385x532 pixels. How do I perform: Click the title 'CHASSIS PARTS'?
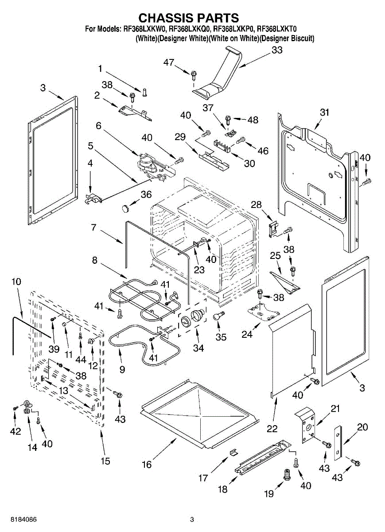coord(189,18)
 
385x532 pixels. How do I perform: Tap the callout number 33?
coord(277,51)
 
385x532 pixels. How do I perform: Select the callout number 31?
coord(325,113)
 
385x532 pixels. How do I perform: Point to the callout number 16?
coord(147,465)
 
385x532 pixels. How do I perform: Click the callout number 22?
coord(272,429)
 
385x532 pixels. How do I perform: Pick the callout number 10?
coord(16,282)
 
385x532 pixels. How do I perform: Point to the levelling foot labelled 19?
coord(286,476)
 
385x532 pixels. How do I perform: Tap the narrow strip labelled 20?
coord(338,443)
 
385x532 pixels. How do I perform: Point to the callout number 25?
coord(276,256)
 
